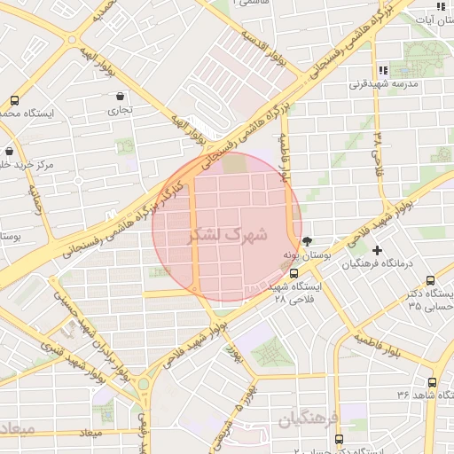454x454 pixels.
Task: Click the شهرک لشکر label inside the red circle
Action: coord(228,237)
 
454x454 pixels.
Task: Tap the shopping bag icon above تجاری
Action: coord(120,96)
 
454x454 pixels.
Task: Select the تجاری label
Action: coord(120,111)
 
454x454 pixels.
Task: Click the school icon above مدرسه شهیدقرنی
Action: coord(383,69)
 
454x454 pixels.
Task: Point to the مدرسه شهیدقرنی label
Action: coord(382,85)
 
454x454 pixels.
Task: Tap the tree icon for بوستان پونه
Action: coord(308,240)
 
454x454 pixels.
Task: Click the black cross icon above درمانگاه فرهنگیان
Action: coord(378,251)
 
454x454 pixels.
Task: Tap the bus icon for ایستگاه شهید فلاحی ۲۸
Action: coord(294,273)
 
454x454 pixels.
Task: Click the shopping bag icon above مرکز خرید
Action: coord(9,152)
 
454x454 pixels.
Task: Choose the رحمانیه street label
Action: coord(36,202)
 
